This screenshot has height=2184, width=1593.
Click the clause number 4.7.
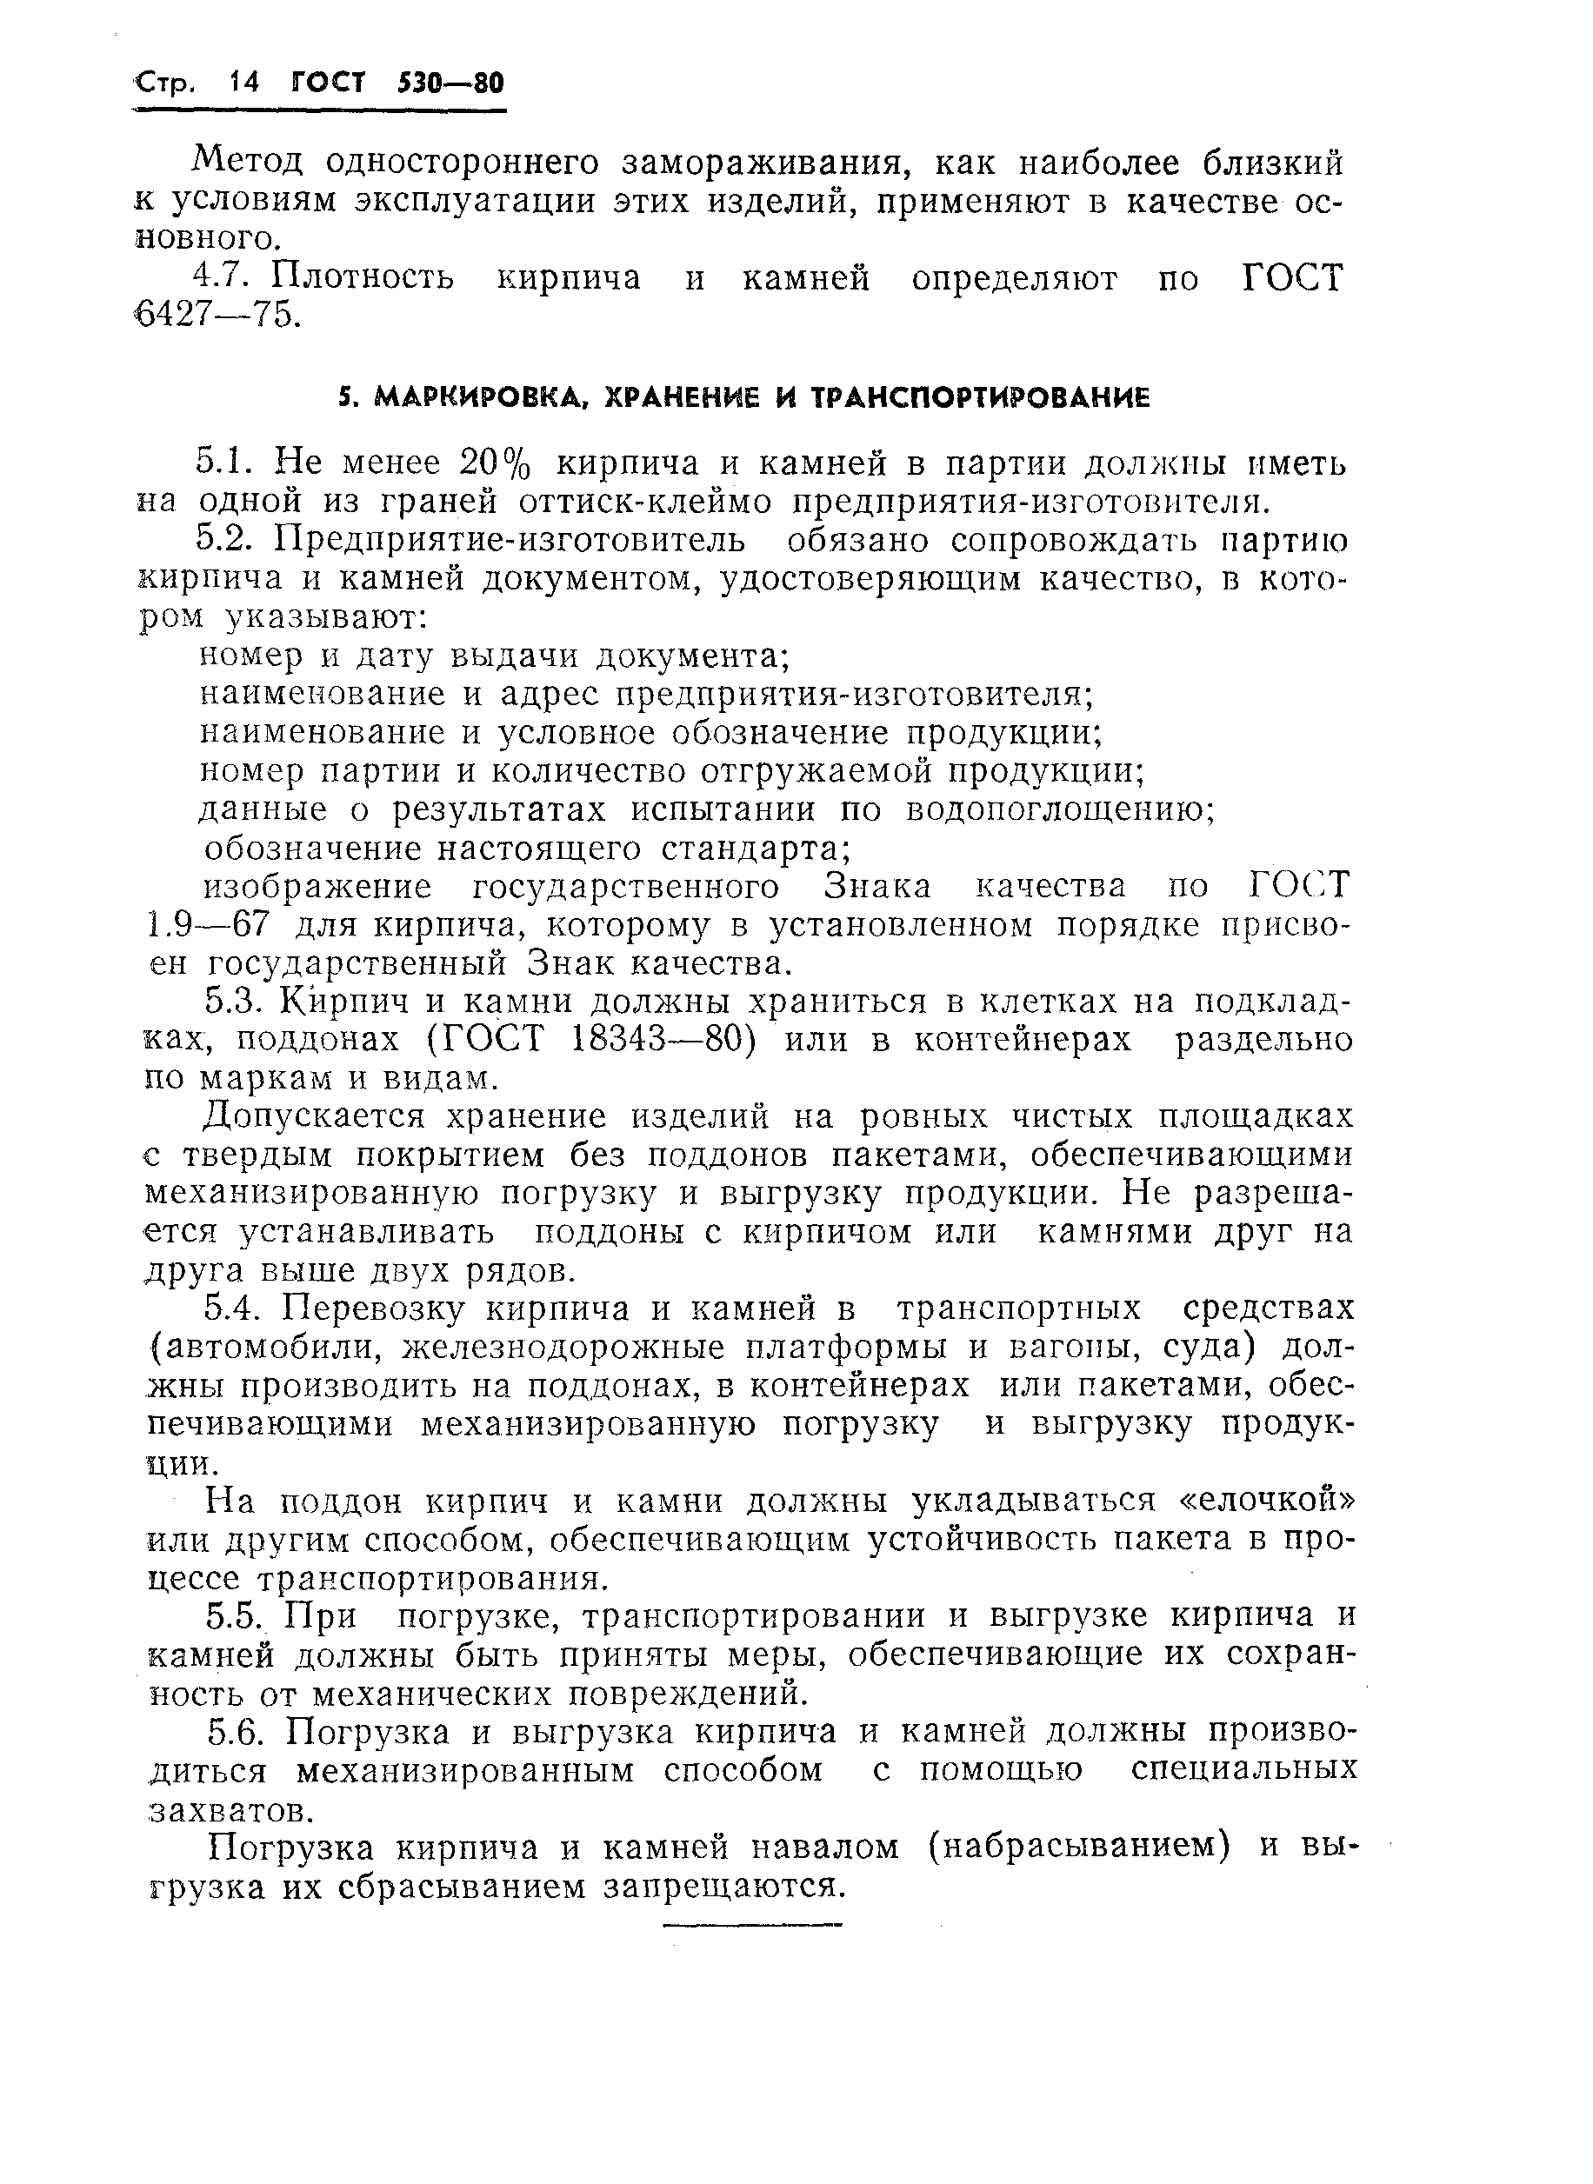[x=222, y=279]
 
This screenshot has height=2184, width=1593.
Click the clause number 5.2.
[x=224, y=541]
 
